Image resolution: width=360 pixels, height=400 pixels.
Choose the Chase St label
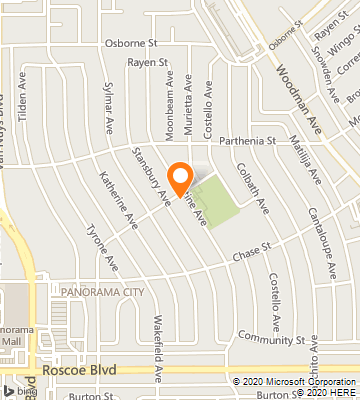[252, 247]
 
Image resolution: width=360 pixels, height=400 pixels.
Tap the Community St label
[271, 340]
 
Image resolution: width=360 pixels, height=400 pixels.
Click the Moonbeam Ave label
[171, 92]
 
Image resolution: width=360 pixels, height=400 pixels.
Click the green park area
[218, 200]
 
